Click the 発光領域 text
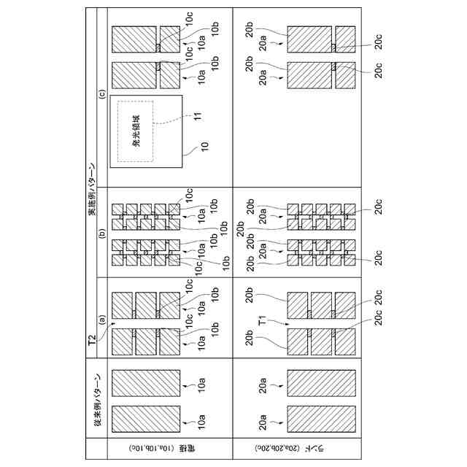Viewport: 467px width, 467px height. (136, 131)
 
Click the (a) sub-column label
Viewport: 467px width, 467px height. (103, 318)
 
